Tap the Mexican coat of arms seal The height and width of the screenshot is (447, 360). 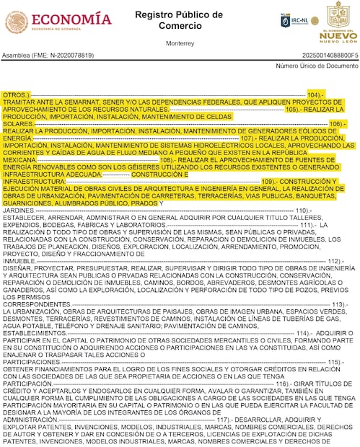(17, 22)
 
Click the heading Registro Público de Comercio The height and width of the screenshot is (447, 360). (180, 19)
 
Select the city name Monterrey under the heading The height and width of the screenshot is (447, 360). (180, 43)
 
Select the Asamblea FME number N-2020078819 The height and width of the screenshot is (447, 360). (43, 55)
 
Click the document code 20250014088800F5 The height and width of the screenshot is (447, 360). (320, 55)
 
